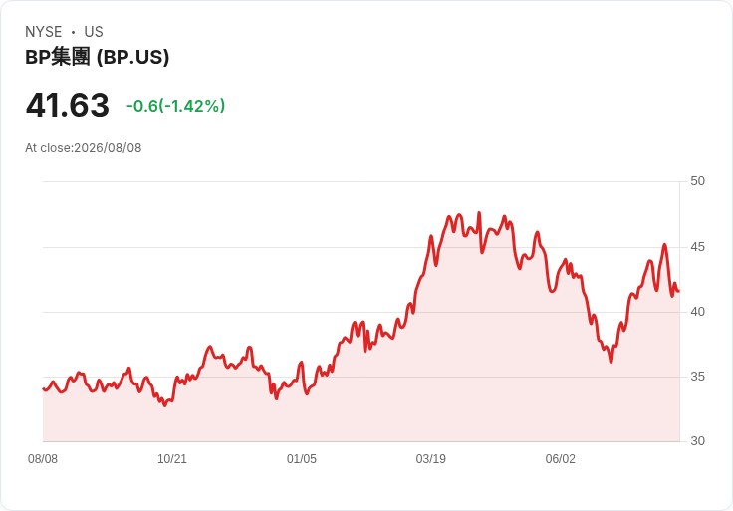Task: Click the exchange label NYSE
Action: (x=44, y=32)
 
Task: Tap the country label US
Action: (x=94, y=32)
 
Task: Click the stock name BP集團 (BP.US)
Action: (x=98, y=57)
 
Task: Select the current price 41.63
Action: (x=68, y=105)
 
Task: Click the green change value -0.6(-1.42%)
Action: (x=175, y=106)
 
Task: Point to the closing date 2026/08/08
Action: (x=108, y=148)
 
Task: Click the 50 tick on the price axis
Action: (x=697, y=181)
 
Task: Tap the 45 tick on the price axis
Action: (x=697, y=247)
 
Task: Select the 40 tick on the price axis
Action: (x=697, y=312)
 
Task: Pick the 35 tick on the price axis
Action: (x=697, y=377)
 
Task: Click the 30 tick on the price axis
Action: (x=697, y=441)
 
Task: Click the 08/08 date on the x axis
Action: (x=43, y=459)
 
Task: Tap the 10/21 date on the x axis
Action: (x=172, y=459)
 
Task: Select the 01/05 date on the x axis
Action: (x=302, y=459)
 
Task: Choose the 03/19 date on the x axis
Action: (x=431, y=459)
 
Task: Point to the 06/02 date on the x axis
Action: (x=560, y=459)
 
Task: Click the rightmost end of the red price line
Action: (x=679, y=291)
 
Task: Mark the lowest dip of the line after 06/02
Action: (x=611, y=362)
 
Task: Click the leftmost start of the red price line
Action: (x=44, y=388)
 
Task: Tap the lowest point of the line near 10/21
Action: (x=164, y=405)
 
